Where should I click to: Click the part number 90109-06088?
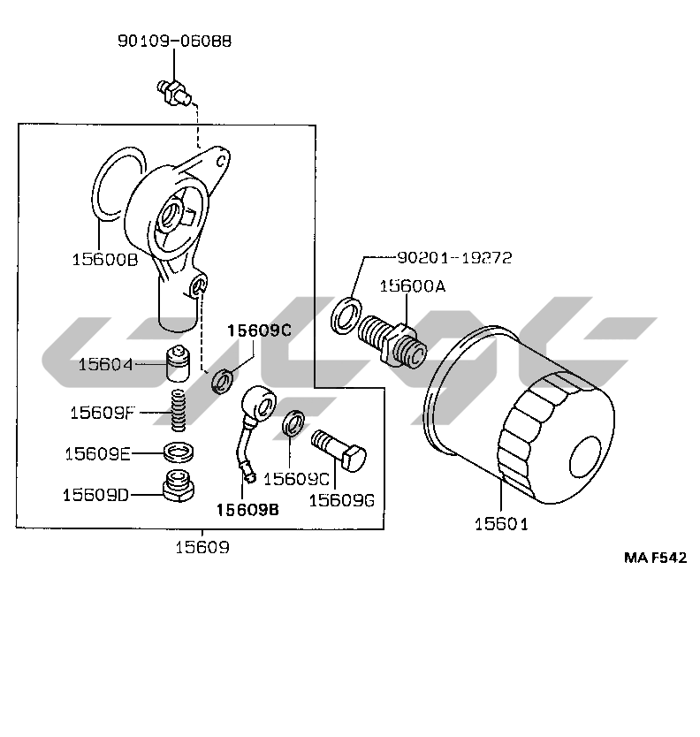[x=174, y=41]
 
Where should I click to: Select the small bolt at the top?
[x=173, y=92]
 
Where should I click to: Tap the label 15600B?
[x=105, y=259]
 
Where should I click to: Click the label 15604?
[x=105, y=364]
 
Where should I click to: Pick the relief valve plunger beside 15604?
[x=178, y=364]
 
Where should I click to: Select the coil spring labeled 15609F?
[x=178, y=410]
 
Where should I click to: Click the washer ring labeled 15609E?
[x=179, y=452]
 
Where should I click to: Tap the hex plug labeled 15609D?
[x=179, y=486]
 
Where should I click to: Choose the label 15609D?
[x=95, y=495]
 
